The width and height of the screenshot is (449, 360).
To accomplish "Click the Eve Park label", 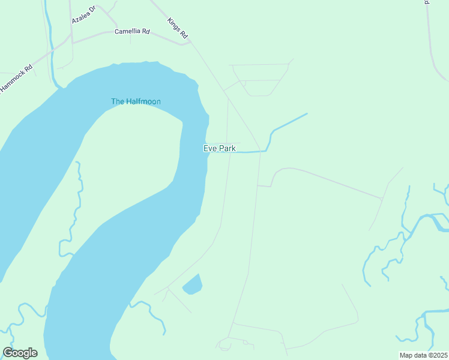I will [x=219, y=148].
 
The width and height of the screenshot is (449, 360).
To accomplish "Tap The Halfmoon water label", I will [x=136, y=101].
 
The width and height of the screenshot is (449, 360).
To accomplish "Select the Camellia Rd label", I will [x=132, y=31].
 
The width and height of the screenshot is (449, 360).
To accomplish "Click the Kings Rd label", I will [x=178, y=29].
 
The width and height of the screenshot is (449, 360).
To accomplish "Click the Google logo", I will [x=20, y=352].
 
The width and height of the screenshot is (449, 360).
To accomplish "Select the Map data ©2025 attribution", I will [x=424, y=355].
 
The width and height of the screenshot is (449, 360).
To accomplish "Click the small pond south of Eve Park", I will [x=192, y=284].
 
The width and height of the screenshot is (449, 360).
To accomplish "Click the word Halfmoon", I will [x=143, y=101].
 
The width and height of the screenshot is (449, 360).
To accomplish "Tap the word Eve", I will [x=209, y=148].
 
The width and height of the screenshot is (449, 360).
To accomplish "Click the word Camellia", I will [x=127, y=31].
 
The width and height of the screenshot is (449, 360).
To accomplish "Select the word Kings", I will [x=174, y=25].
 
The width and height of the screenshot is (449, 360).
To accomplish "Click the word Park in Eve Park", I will [x=226, y=148].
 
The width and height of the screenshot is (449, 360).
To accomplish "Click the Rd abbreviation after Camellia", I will [x=146, y=31].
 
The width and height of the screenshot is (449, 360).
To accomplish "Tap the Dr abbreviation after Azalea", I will [x=92, y=10].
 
